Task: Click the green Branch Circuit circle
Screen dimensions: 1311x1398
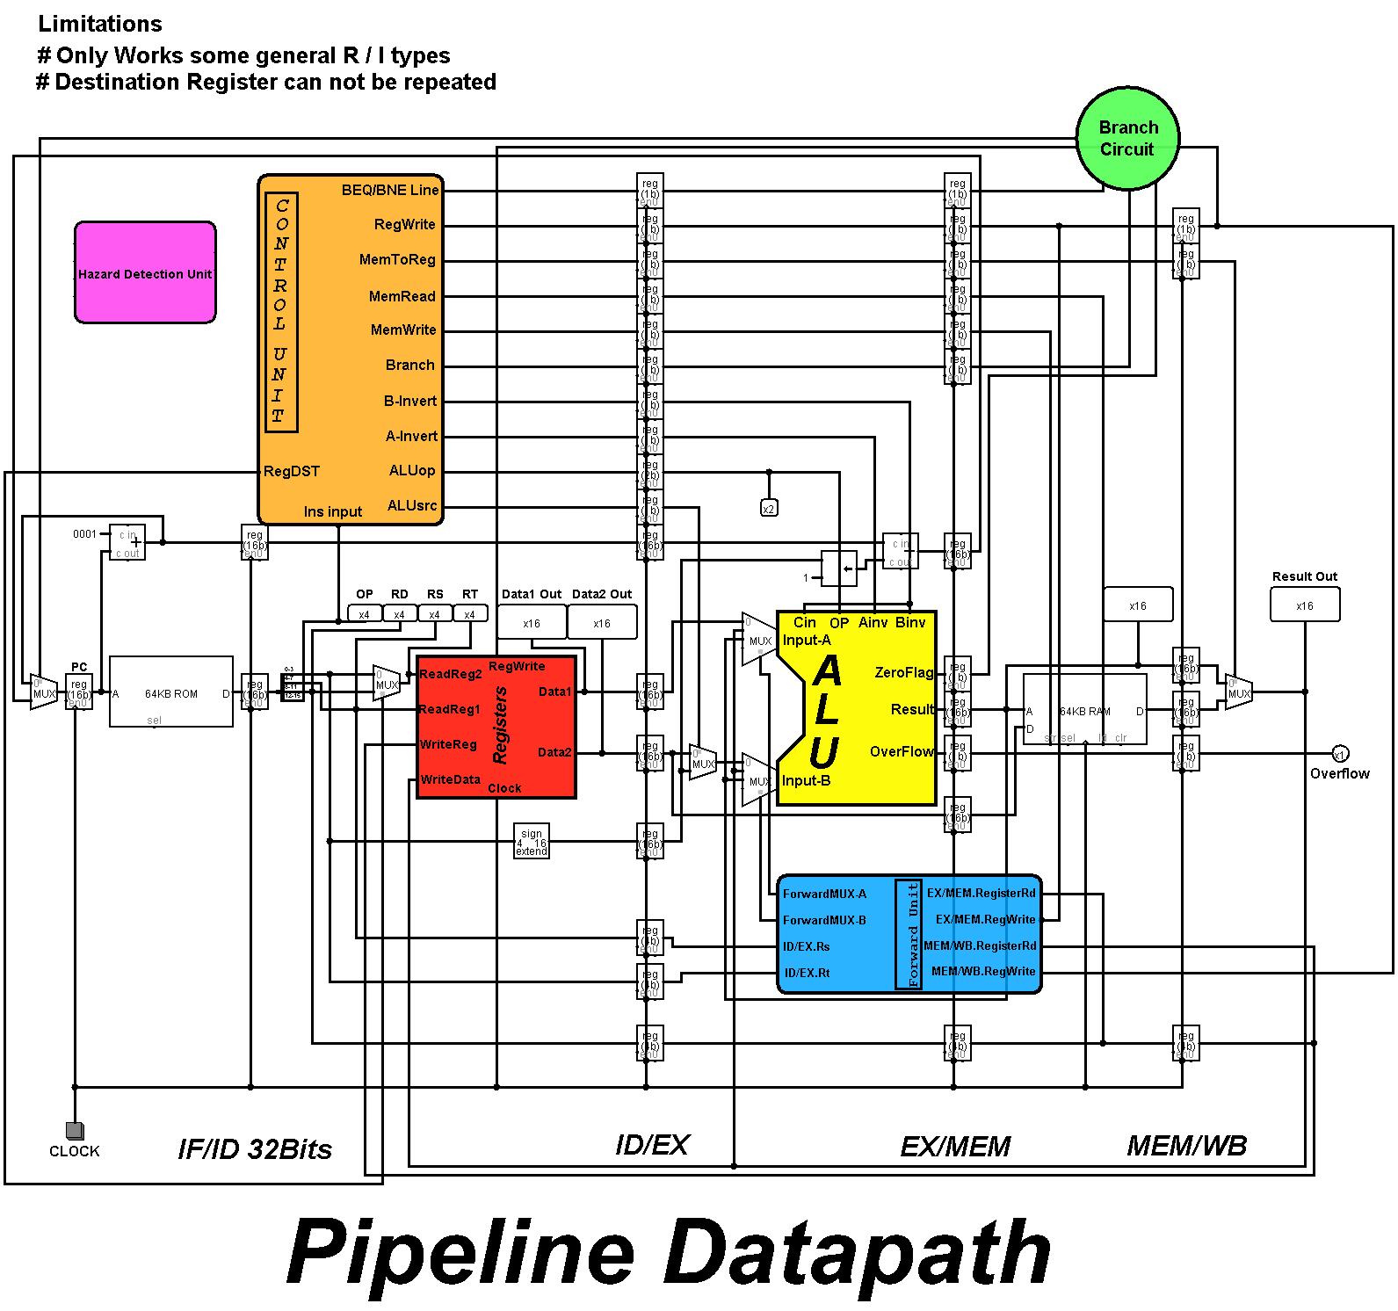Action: (x=1127, y=139)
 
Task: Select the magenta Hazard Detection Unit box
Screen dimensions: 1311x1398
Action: (x=145, y=272)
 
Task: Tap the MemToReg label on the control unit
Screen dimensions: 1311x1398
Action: (x=397, y=260)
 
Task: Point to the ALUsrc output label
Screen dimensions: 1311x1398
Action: (x=412, y=505)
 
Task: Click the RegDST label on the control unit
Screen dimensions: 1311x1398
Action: (x=292, y=472)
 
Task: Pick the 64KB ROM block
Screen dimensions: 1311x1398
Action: (x=171, y=692)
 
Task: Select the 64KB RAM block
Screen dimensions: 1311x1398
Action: (x=1084, y=712)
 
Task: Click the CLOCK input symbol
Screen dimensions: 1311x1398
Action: (x=75, y=1130)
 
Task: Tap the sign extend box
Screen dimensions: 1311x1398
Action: (x=532, y=842)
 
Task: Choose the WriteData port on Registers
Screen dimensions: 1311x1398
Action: (x=450, y=780)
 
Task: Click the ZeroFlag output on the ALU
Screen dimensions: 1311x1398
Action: (x=903, y=673)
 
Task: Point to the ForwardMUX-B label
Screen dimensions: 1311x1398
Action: (x=824, y=920)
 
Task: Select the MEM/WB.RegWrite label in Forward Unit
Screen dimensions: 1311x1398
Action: (x=983, y=972)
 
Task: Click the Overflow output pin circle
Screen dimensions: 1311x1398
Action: (x=1339, y=754)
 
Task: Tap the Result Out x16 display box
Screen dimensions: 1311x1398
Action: (x=1305, y=605)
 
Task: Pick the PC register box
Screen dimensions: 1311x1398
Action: (x=79, y=691)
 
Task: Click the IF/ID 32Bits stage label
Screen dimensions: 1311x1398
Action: (x=255, y=1149)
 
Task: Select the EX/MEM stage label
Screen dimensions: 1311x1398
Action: (x=955, y=1147)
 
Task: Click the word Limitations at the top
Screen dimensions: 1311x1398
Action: (x=100, y=25)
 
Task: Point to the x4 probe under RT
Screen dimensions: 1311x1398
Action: (x=469, y=614)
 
